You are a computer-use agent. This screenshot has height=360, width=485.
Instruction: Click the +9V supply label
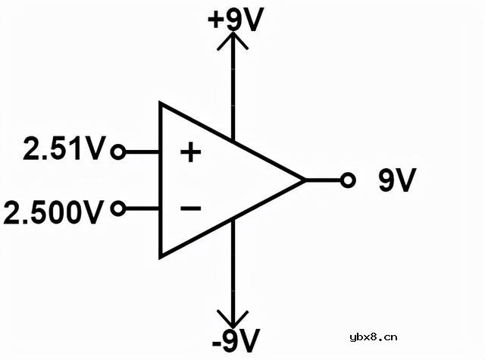[236, 20]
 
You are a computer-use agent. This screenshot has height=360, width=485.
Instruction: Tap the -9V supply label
[236, 340]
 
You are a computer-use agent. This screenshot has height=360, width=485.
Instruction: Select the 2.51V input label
[64, 148]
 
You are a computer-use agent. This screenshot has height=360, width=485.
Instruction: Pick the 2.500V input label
[53, 212]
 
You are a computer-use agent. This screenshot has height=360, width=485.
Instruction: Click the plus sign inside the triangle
[190, 152]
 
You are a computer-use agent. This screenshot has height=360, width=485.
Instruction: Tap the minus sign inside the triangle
[190, 208]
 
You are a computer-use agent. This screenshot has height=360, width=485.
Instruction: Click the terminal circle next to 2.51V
[118, 152]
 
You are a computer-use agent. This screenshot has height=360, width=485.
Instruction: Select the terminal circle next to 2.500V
[118, 208]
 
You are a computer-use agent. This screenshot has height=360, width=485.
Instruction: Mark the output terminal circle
[348, 180]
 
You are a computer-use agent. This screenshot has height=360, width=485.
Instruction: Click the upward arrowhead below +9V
[233, 40]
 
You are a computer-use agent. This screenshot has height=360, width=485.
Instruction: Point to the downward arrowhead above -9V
[233, 319]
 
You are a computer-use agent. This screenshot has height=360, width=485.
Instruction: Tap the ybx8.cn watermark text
[374, 337]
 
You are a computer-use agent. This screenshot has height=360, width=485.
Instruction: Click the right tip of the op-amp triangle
[305, 180]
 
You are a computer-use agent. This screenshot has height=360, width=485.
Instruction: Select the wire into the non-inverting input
[142, 152]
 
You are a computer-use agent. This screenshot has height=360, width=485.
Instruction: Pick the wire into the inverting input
[142, 208]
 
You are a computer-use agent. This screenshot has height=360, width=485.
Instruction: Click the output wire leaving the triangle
[323, 180]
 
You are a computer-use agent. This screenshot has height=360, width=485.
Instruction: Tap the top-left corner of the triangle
[160, 102]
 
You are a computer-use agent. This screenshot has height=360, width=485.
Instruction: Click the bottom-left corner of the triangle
[160, 258]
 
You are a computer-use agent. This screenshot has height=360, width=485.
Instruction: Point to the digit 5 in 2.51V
[61, 148]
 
